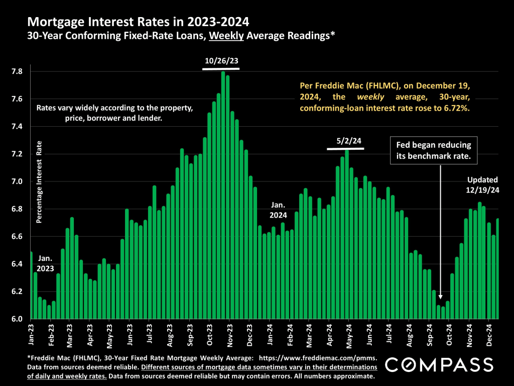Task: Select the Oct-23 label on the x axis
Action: coord(209,334)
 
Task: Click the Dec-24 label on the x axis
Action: coord(489,334)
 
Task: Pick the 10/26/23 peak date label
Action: coord(221,61)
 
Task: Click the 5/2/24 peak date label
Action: coord(345,142)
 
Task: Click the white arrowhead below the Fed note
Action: coord(441,298)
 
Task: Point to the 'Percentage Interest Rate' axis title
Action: coord(40,181)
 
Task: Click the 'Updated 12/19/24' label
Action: coord(482,185)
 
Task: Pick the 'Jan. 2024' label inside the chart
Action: coord(278,210)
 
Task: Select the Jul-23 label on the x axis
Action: coord(149,334)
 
